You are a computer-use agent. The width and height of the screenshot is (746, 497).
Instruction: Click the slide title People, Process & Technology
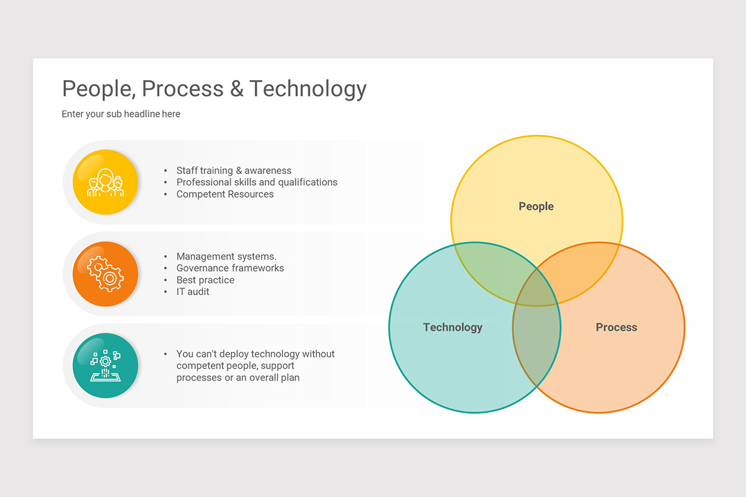coord(214,89)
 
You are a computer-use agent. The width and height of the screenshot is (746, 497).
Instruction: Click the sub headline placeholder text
coord(121,114)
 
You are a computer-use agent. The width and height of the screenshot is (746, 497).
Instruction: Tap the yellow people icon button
coord(105,182)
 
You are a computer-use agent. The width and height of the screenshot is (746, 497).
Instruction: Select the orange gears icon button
coord(105,274)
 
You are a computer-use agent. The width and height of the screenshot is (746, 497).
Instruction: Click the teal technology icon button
coord(105,366)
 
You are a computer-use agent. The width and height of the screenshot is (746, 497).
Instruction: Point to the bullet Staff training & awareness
coord(234,171)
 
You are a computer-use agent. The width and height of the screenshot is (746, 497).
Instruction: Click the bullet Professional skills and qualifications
coord(257,183)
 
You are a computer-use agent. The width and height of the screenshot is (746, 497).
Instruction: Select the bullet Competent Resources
coord(225,194)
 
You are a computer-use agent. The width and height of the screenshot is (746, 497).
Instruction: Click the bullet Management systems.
coord(226,257)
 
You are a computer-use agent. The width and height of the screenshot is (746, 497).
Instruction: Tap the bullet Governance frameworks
coord(230,268)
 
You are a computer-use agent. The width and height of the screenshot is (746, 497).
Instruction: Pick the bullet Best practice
coord(205,280)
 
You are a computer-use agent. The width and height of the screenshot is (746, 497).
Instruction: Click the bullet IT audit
coord(193,292)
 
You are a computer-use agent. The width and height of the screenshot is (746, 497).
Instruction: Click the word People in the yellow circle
coord(536,207)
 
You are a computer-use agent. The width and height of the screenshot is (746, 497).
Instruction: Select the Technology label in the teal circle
coord(453,327)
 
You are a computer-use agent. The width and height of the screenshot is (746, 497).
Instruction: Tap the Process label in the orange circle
coord(616,327)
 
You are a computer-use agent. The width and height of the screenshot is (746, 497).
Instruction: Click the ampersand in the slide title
coord(237,89)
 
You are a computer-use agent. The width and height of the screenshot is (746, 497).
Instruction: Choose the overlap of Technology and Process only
coord(536,348)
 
